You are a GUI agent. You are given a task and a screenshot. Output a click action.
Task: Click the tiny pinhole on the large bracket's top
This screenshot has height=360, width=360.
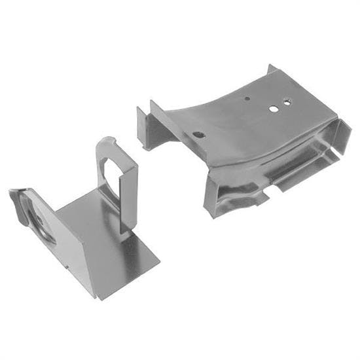tap(247, 99)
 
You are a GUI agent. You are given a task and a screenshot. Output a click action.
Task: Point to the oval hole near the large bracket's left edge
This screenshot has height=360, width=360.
tap(198, 135)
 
